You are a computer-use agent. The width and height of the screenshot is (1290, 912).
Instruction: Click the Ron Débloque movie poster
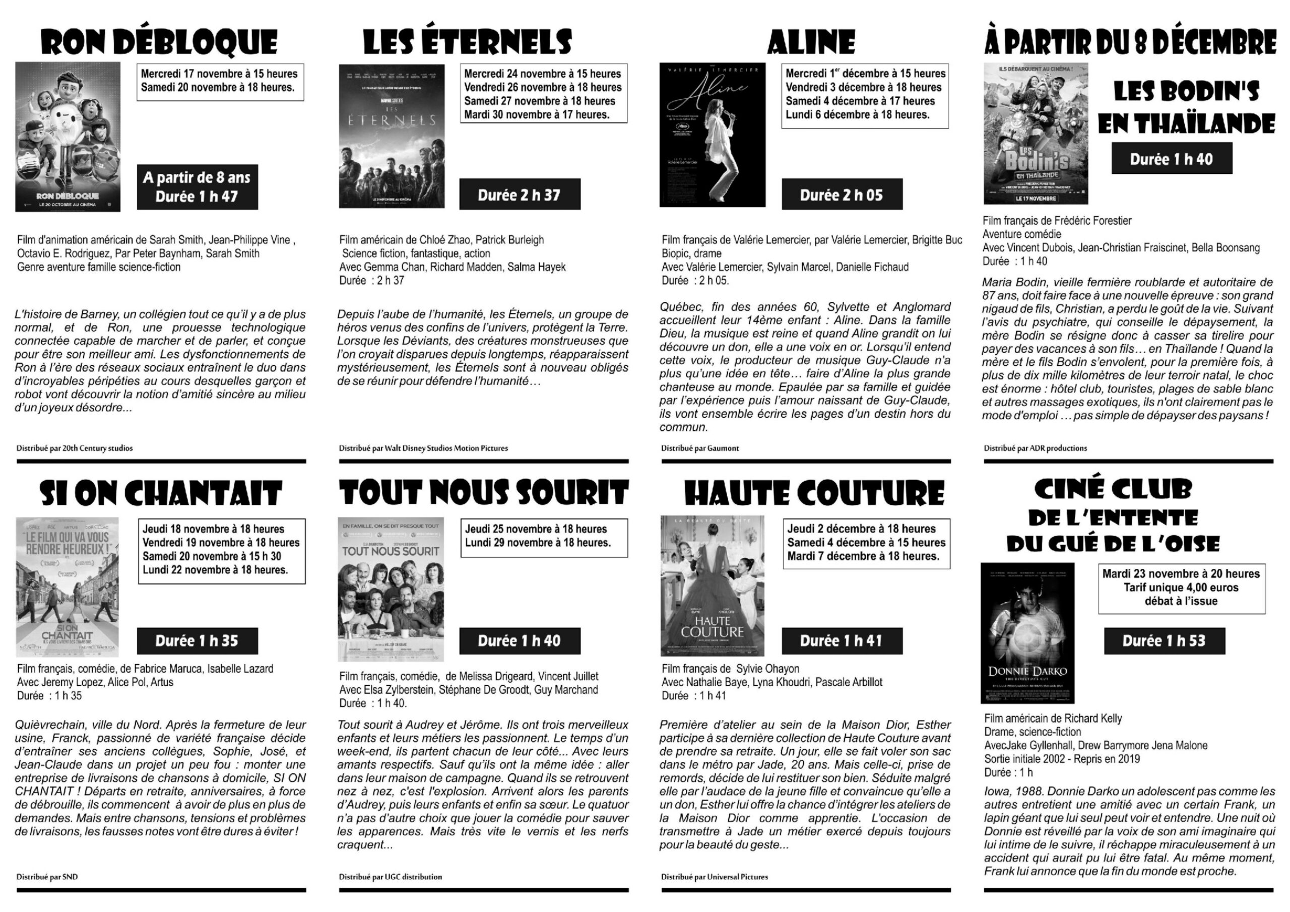pyautogui.click(x=68, y=137)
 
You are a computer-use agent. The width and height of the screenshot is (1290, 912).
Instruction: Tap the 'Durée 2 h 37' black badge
pyautogui.click(x=519, y=194)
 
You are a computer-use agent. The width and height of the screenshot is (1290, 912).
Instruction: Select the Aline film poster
pyautogui.click(x=712, y=135)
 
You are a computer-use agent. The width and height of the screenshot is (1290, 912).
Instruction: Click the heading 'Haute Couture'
pyautogui.click(x=814, y=493)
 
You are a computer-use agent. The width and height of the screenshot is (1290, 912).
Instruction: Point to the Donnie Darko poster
pyautogui.click(x=1027, y=633)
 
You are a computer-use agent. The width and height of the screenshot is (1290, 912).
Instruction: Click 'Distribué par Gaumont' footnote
pyautogui.click(x=699, y=448)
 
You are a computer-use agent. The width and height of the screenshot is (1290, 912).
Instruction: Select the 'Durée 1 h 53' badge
pyautogui.click(x=1164, y=640)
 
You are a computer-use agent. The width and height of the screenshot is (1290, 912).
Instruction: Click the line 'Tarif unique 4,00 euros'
pyautogui.click(x=1181, y=587)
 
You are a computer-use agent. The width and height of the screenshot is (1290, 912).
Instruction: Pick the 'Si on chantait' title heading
pyautogui.click(x=161, y=493)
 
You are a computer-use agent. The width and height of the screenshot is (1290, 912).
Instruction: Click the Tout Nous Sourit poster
pyautogui.click(x=391, y=589)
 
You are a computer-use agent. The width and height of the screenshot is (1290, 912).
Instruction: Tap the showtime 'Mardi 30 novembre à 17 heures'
pyautogui.click(x=537, y=115)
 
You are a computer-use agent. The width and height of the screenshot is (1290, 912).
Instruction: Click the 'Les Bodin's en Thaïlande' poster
pyautogui.click(x=1036, y=133)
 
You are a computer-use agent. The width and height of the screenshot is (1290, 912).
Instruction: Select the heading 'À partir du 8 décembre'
pyautogui.click(x=1130, y=43)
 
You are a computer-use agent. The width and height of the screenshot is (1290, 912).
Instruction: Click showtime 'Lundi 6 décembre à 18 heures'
pyautogui.click(x=857, y=115)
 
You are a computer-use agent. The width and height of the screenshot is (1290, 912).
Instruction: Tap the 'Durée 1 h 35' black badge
pyautogui.click(x=197, y=640)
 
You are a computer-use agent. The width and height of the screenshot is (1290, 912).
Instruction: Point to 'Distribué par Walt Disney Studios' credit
pyautogui.click(x=423, y=448)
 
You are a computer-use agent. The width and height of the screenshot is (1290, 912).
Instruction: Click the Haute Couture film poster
pyautogui.click(x=712, y=586)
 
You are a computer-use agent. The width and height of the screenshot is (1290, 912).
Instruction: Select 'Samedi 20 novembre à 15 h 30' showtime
pyautogui.click(x=212, y=556)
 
